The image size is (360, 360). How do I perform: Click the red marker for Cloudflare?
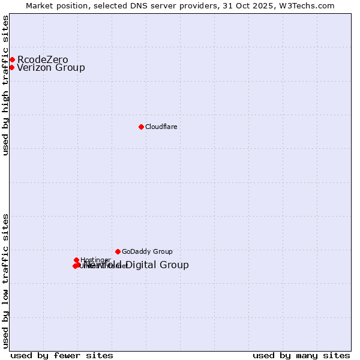(141, 127)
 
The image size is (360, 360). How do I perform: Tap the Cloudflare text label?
(161, 127)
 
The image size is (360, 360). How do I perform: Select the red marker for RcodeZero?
(12, 59)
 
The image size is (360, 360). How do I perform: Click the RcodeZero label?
(43, 59)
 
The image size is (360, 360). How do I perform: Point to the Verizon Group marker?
(11, 67)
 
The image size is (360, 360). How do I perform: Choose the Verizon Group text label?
(51, 67)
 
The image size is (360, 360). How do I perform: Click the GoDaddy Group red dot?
(118, 251)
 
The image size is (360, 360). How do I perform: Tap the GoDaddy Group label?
(147, 251)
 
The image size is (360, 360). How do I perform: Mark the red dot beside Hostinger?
(76, 260)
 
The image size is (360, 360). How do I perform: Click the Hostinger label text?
(95, 260)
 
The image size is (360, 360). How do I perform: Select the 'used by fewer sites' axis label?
(62, 356)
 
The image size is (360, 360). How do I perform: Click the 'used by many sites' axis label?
(301, 356)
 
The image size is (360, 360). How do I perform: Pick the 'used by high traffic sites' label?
(5, 85)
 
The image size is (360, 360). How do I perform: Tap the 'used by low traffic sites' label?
(5, 281)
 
